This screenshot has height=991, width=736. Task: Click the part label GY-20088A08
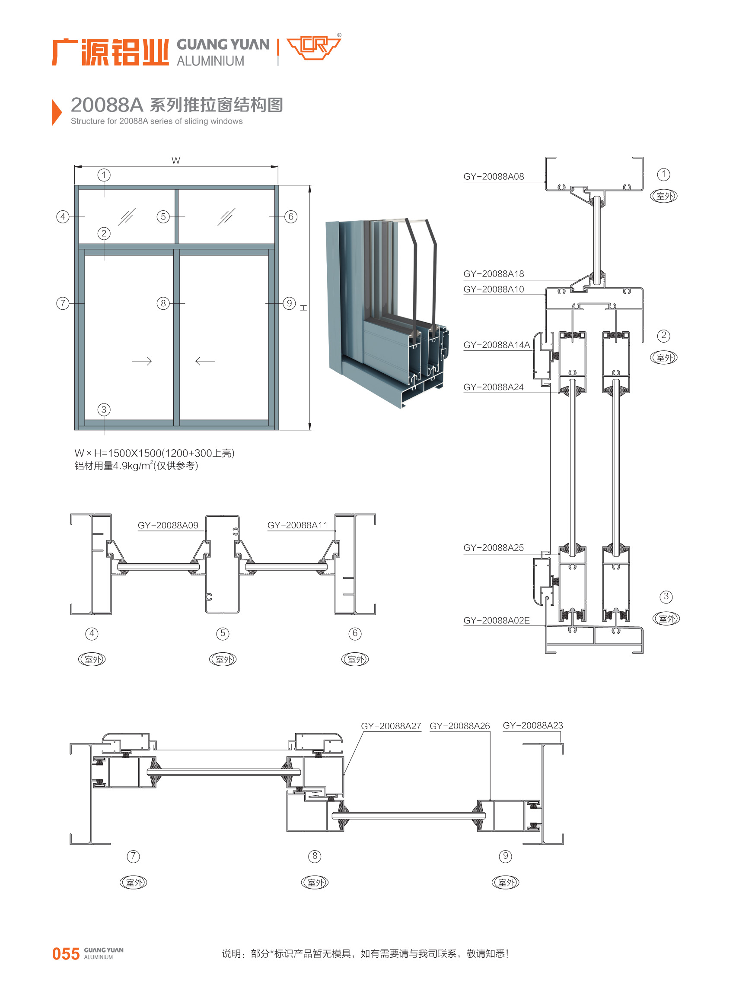493,176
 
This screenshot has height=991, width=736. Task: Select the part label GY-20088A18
493,273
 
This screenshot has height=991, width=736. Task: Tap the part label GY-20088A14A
496,345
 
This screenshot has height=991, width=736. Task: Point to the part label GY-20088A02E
496,620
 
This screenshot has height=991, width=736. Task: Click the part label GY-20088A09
168,525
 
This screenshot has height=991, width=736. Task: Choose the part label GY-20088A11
297,525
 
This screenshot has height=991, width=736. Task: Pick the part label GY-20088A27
391,726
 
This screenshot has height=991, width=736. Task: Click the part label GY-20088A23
532,726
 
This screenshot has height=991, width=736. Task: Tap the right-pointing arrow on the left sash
142,361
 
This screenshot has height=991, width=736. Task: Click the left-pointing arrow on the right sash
205,361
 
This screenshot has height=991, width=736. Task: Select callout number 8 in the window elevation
163,303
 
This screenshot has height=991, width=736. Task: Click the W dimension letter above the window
175,160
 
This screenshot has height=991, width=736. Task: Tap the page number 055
66,954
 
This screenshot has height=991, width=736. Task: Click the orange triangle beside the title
56,112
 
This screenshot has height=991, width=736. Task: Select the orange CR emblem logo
314,48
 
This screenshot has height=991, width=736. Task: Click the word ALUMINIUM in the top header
210,61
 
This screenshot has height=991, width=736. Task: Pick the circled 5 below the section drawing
223,633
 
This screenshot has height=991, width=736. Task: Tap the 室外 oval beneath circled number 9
505,882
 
